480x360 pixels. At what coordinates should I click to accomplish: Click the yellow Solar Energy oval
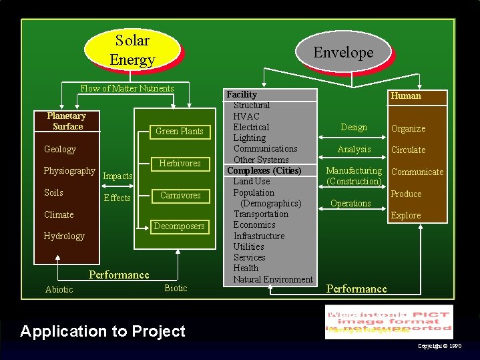(x=132, y=50)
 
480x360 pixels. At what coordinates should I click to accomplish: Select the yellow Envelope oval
(x=343, y=53)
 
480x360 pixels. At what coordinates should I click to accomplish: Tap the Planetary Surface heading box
(x=67, y=121)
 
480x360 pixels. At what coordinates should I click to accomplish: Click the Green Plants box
(x=179, y=131)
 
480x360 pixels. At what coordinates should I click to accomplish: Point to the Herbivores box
(x=179, y=163)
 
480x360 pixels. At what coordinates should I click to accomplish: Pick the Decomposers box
(x=179, y=226)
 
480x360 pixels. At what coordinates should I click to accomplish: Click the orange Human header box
(x=406, y=96)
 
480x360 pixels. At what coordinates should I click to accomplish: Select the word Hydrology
(x=64, y=236)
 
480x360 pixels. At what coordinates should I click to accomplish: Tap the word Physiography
(x=69, y=171)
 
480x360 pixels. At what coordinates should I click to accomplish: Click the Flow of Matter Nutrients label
(x=127, y=88)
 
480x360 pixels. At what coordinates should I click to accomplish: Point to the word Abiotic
(x=59, y=289)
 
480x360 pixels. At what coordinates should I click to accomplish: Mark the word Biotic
(x=176, y=288)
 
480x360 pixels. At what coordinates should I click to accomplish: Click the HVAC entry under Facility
(x=246, y=116)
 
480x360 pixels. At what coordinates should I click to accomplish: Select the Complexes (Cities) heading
(x=264, y=170)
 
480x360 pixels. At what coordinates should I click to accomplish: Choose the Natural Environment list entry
(x=273, y=279)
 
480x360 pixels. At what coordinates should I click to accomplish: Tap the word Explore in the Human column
(x=406, y=215)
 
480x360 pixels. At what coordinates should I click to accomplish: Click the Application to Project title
(x=103, y=331)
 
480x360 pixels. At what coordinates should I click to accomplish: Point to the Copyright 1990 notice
(x=439, y=346)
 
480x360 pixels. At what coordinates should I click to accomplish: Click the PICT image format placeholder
(x=389, y=321)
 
